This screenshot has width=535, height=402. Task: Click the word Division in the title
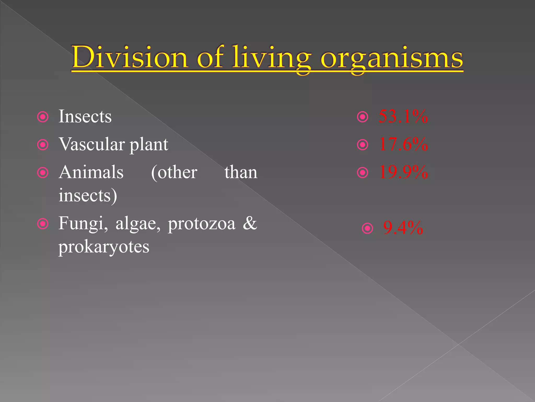130,57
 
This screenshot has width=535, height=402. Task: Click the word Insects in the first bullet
85,116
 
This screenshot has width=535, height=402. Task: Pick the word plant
149,145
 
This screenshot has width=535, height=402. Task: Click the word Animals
91,172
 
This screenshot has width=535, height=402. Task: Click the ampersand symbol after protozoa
250,223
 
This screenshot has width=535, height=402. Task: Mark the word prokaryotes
104,247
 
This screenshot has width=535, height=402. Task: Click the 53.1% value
403,116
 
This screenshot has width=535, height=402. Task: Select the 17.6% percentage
403,144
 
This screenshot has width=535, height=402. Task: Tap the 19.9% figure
403,172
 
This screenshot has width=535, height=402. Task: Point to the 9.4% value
403,228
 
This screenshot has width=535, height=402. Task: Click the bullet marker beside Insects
43,117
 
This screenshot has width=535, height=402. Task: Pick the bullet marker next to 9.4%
367,228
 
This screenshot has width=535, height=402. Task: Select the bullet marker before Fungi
43,224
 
